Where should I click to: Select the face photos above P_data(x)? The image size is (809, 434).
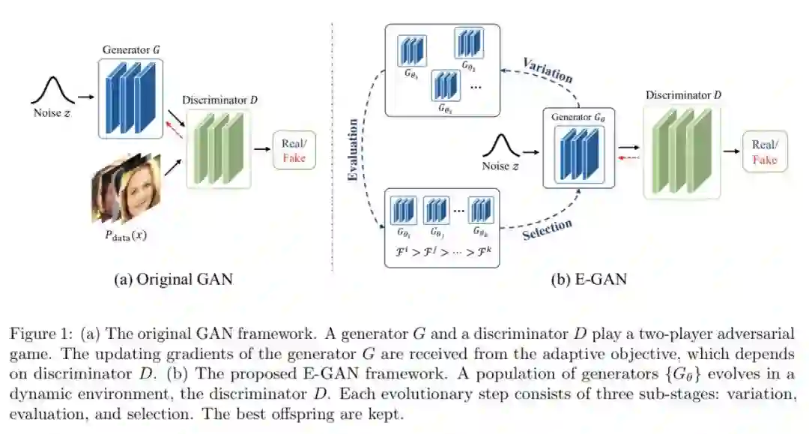pos(127,187)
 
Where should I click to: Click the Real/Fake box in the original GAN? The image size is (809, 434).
pos(294,149)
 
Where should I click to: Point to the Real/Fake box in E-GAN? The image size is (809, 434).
pos(764,151)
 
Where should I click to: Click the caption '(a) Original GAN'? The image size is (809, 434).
pos(173,280)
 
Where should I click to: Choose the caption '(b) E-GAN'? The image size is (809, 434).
pos(589,280)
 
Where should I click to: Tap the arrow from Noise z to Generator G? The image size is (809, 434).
pos(85,97)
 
